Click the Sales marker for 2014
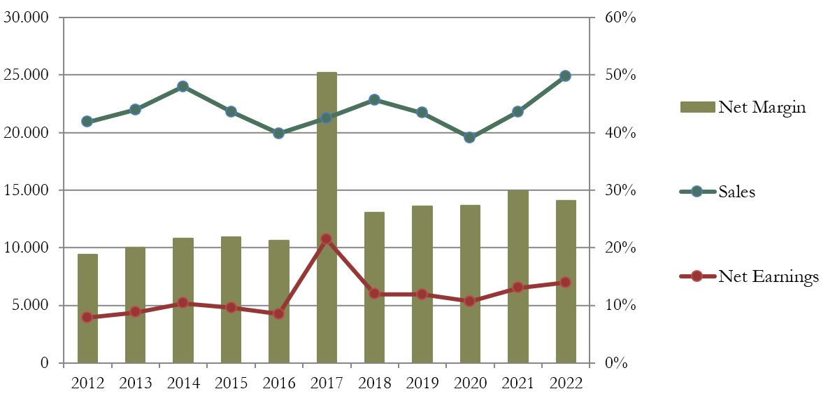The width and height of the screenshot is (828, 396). pyautogui.click(x=183, y=87)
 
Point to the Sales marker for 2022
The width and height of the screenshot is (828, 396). pyautogui.click(x=565, y=76)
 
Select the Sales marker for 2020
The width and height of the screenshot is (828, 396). pyautogui.click(x=469, y=137)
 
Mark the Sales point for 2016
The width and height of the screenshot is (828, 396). pyautogui.click(x=278, y=133)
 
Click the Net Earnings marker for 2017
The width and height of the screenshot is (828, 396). pyautogui.click(x=326, y=239)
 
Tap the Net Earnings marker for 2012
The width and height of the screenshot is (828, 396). pyautogui.click(x=87, y=317)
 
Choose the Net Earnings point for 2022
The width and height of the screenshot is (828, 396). pyautogui.click(x=565, y=282)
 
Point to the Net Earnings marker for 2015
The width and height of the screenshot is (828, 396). pyautogui.click(x=231, y=307)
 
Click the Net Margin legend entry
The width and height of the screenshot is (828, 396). pyautogui.click(x=743, y=107)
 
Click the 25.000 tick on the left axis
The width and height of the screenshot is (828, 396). pyautogui.click(x=27, y=75)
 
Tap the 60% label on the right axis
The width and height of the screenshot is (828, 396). pyautogui.click(x=620, y=17)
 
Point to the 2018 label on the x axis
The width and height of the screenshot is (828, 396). pyautogui.click(x=374, y=383)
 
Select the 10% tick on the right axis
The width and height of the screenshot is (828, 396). pyautogui.click(x=620, y=306)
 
